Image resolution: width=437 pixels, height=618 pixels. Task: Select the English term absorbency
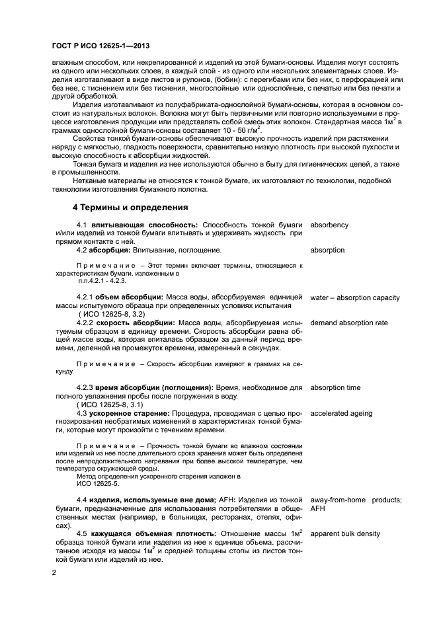tap(329, 225)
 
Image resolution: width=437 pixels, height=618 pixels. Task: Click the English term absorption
tap(327, 250)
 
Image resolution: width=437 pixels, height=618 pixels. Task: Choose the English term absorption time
tap(335, 387)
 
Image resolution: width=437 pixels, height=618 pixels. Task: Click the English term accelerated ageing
tap(341, 412)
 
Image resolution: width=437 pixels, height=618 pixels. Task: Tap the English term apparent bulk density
tap(345, 533)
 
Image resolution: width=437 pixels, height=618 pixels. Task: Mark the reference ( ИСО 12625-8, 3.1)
tap(105, 404)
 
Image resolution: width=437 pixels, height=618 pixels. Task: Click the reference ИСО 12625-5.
tap(99, 483)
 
